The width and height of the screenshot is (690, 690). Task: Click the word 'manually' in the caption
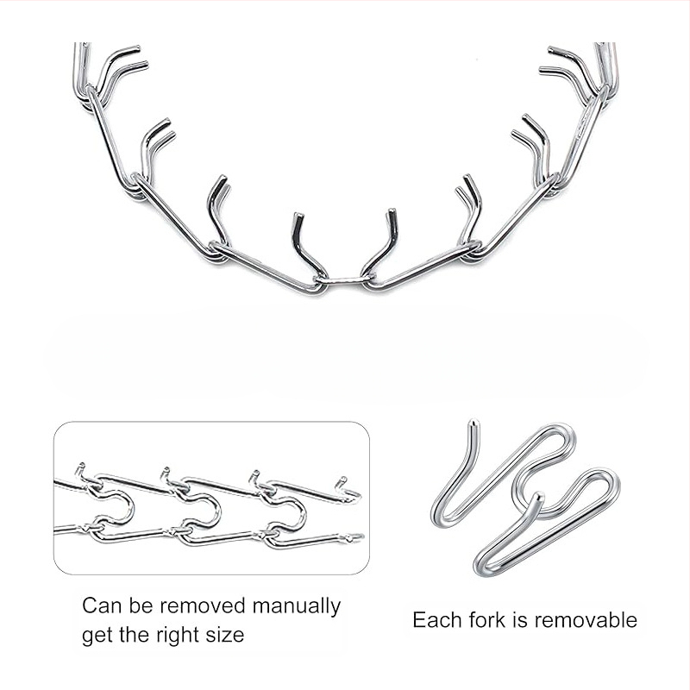[296, 607]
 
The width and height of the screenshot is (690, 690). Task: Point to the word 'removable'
[586, 619]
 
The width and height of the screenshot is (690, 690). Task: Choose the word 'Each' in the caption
[437, 619]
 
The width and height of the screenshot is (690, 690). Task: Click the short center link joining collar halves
[344, 279]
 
